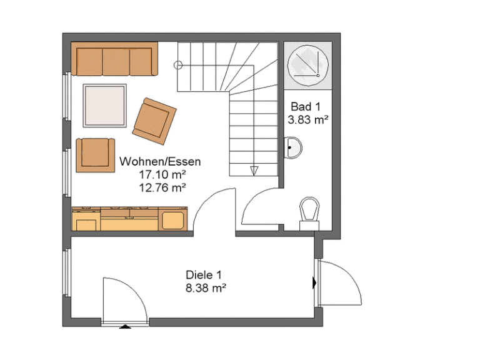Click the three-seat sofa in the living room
click(x=114, y=59)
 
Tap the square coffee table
click(x=105, y=106)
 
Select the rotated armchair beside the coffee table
click(x=154, y=121)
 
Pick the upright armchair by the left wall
click(x=95, y=155)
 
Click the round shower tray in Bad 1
click(x=308, y=66)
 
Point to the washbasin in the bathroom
click(x=293, y=148)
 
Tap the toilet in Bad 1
click(x=309, y=213)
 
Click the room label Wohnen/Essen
click(x=160, y=162)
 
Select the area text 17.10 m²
click(x=162, y=174)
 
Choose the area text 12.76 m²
click(x=162, y=187)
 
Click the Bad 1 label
click(x=306, y=106)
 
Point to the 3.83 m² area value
click(x=308, y=119)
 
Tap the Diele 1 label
click(x=204, y=275)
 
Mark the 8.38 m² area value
click(x=206, y=288)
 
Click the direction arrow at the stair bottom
click(x=254, y=171)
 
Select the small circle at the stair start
click(x=178, y=65)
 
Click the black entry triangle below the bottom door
click(x=125, y=327)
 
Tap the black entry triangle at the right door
click(x=314, y=283)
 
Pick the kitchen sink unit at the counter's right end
click(x=173, y=219)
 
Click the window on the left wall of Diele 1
click(x=67, y=272)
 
